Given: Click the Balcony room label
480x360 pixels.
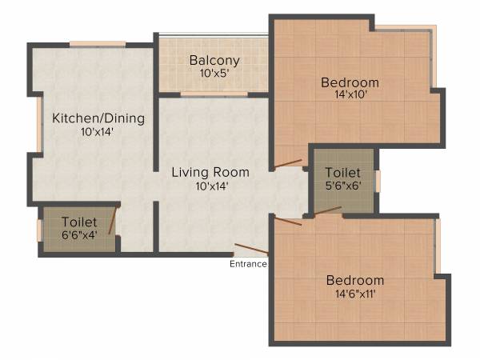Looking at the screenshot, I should pyautogui.click(x=214, y=60).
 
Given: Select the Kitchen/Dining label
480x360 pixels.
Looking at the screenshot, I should pyautogui.click(x=98, y=118).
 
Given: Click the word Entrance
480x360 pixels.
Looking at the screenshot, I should pyautogui.click(x=248, y=264).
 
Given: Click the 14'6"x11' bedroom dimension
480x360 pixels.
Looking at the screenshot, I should pyautogui.click(x=354, y=294).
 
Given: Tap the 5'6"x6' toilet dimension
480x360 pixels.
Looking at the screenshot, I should pyautogui.click(x=343, y=186).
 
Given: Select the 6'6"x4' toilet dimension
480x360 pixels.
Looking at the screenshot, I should pyautogui.click(x=79, y=235).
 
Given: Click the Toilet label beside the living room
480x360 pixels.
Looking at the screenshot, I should pyautogui.click(x=343, y=172).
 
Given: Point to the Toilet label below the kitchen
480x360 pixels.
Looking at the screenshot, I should pyautogui.click(x=79, y=222).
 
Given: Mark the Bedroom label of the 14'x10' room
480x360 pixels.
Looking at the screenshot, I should pyautogui.click(x=350, y=82).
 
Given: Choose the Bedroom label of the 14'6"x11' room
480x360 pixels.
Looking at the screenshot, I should pyautogui.click(x=354, y=280).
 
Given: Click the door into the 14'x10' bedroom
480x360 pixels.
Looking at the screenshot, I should pyautogui.click(x=288, y=165).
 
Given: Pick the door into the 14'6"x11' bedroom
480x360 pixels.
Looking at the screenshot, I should pyautogui.click(x=288, y=220).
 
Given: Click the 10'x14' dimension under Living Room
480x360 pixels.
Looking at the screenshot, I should pyautogui.click(x=211, y=186).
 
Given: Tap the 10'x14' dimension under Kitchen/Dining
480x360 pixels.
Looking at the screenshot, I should pyautogui.click(x=98, y=133).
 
